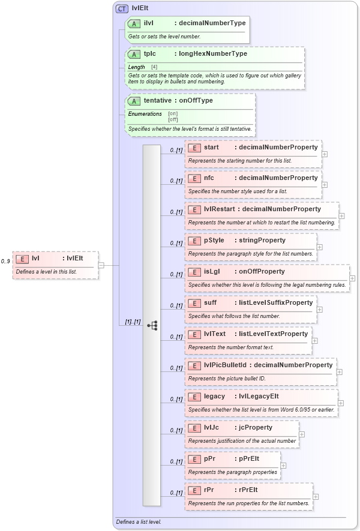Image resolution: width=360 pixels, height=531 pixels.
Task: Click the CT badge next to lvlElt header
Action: (x=122, y=8)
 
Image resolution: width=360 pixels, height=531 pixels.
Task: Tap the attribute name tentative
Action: (x=157, y=101)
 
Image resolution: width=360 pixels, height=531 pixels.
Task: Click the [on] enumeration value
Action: (x=173, y=113)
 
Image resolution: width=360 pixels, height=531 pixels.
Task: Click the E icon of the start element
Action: (x=194, y=147)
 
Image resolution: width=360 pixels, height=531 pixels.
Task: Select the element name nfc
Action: (x=209, y=178)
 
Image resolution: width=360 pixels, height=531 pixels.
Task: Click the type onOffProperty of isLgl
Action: (x=262, y=272)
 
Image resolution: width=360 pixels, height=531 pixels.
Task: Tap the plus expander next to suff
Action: (x=319, y=310)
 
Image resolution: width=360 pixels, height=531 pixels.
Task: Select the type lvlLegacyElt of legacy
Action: (x=259, y=397)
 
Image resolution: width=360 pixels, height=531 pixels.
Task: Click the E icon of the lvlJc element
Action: (x=194, y=428)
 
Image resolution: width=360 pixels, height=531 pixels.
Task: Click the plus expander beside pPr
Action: (x=283, y=466)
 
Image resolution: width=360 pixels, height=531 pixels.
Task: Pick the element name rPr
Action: (x=209, y=490)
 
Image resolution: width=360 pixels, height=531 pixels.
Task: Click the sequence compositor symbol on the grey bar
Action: (x=152, y=325)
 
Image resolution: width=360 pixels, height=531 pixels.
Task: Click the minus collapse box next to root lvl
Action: (x=101, y=265)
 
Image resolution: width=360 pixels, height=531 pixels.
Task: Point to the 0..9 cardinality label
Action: (x=5, y=262)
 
